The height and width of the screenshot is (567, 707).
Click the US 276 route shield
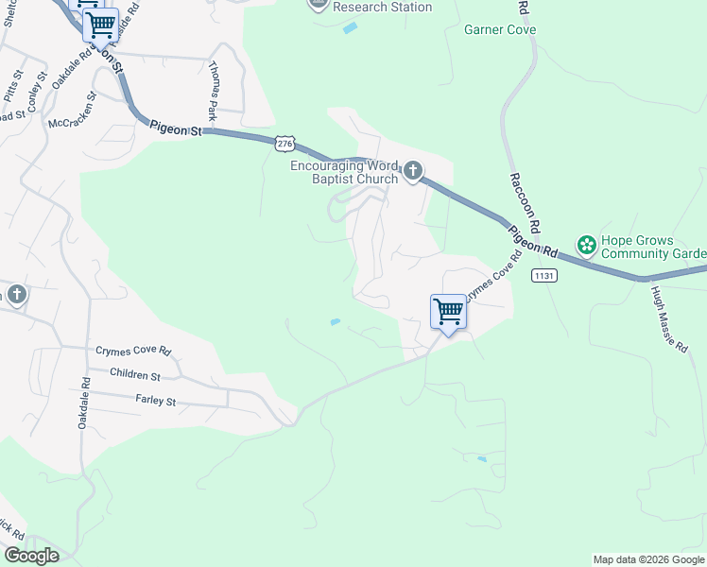click(285, 143)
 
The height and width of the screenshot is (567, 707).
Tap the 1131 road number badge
click(543, 275)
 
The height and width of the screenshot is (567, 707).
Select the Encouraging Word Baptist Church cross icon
click(412, 170)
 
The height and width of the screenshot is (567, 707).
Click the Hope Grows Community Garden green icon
click(586, 246)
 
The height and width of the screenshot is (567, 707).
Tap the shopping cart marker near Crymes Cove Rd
click(447, 312)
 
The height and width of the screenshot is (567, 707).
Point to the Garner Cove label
click(500, 29)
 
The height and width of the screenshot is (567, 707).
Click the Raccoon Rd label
click(525, 202)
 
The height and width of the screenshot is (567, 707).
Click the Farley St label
click(156, 401)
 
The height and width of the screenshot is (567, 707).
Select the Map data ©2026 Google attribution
click(648, 559)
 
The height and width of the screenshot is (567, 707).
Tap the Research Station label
click(383, 8)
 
